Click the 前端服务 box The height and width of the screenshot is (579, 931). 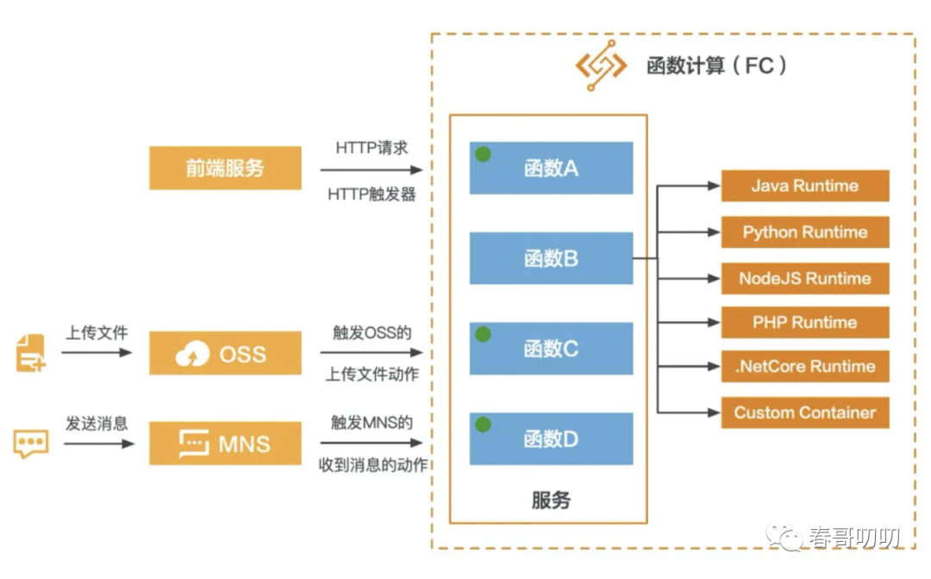pyautogui.click(x=225, y=168)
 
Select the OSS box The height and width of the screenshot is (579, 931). pyautogui.click(x=225, y=353)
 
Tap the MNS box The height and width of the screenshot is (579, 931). pyautogui.click(x=225, y=444)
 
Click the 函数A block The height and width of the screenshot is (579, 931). pyautogui.click(x=551, y=168)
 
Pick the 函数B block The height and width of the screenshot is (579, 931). pyautogui.click(x=551, y=258)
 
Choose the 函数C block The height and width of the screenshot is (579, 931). pyautogui.click(x=551, y=349)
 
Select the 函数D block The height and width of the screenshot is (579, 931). pyautogui.click(x=551, y=438)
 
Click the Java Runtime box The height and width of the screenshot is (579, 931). pyautogui.click(x=805, y=186)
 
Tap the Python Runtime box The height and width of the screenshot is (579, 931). pyautogui.click(x=805, y=232)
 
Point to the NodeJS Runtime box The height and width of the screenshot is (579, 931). pyautogui.click(x=805, y=278)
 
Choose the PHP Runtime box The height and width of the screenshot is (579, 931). pyautogui.click(x=805, y=322)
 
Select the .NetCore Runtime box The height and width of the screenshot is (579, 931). pyautogui.click(x=805, y=366)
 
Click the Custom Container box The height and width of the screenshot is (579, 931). pyautogui.click(x=805, y=412)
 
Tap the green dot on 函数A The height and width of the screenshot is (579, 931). pyautogui.click(x=484, y=154)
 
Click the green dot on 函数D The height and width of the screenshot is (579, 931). pyautogui.click(x=484, y=425)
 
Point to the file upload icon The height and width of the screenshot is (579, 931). pyautogui.click(x=30, y=353)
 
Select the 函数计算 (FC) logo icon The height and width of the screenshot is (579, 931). pyautogui.click(x=601, y=66)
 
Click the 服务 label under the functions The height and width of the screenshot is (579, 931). pyautogui.click(x=551, y=500)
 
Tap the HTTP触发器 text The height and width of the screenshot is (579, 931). pyautogui.click(x=372, y=194)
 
